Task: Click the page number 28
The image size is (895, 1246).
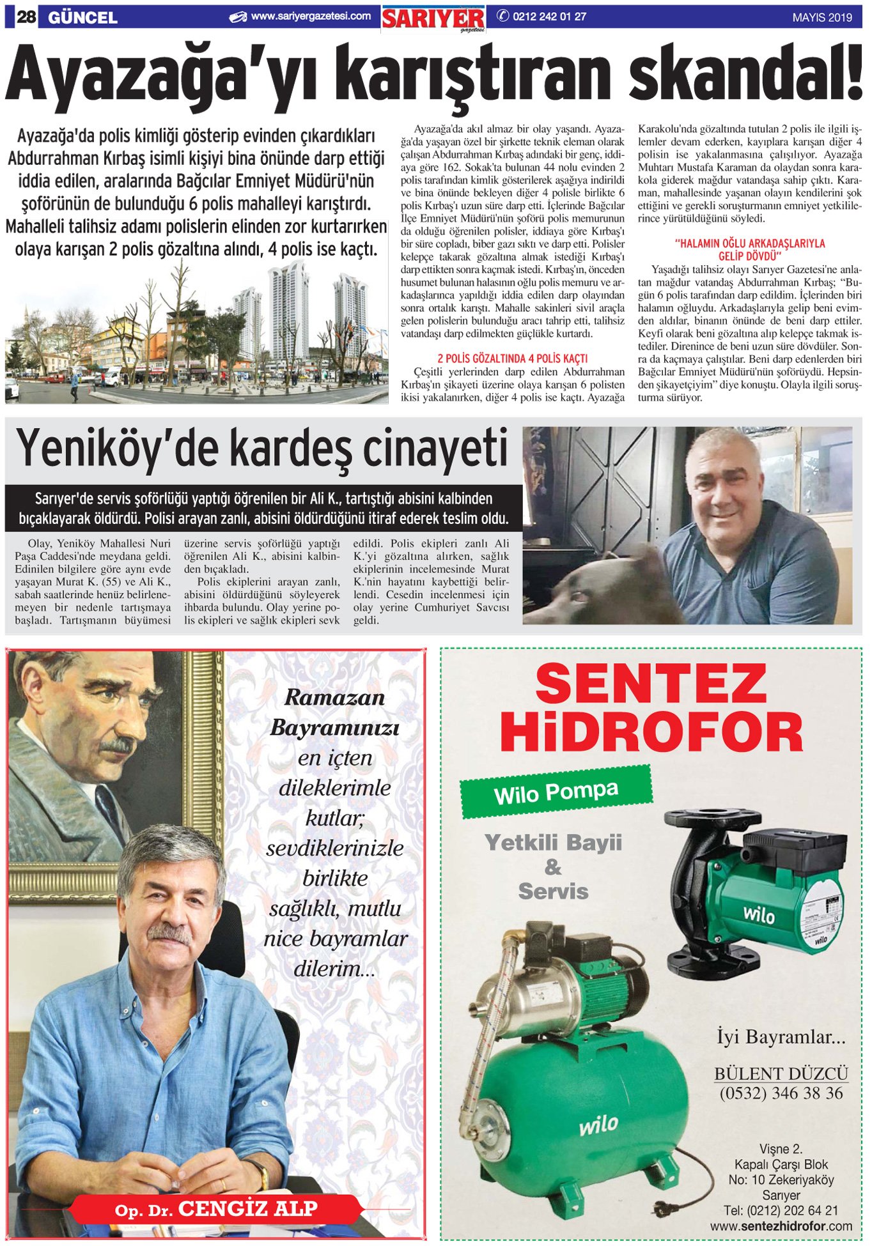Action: tap(26, 17)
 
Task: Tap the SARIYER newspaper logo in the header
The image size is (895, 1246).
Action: tap(433, 19)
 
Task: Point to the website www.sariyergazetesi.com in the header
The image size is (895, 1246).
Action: tap(310, 17)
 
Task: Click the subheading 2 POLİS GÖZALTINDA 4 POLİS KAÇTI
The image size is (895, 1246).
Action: tap(512, 358)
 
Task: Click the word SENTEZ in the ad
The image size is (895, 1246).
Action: tap(650, 684)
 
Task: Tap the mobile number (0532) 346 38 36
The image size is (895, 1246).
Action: tap(781, 1093)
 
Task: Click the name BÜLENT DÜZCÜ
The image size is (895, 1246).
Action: tap(781, 1073)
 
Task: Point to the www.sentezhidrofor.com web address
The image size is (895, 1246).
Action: tap(781, 1226)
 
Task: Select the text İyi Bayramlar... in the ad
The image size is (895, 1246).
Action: tap(781, 1037)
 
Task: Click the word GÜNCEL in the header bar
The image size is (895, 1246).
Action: tap(82, 17)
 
